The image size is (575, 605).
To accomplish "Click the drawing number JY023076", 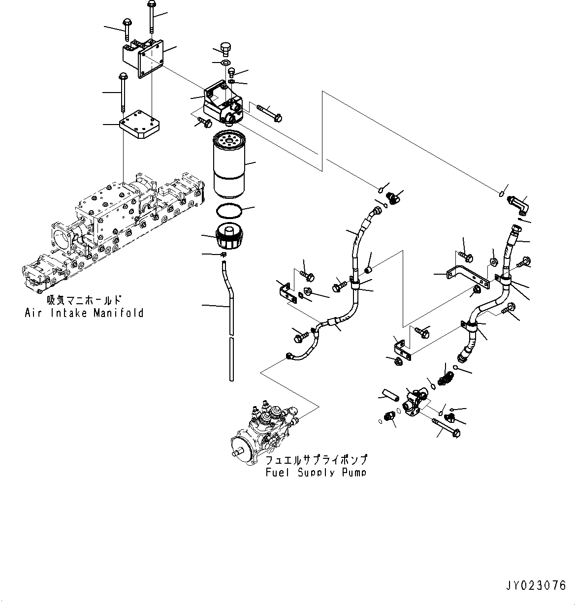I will click(536, 586).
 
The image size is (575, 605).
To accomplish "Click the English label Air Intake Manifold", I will click(84, 313).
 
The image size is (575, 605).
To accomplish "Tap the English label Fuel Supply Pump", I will click(316, 473).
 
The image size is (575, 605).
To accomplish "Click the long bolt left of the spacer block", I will click(122, 92).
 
